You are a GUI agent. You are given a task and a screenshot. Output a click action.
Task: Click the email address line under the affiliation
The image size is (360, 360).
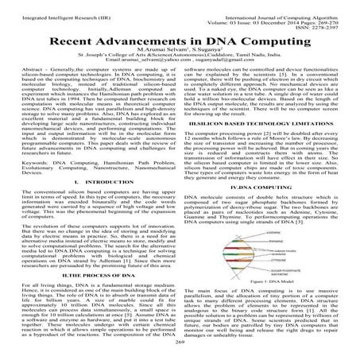pos(180,58)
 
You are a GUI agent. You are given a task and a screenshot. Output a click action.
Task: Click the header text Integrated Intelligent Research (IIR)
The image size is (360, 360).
pos(55,6)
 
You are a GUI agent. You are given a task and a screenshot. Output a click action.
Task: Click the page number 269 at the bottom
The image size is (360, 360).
pos(180,351)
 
